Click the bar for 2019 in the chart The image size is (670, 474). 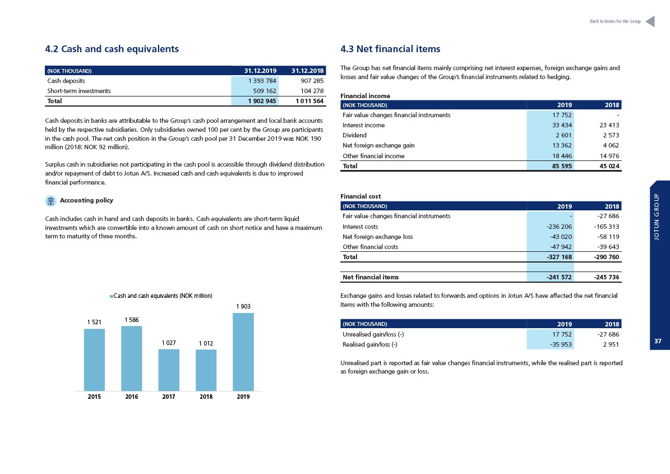pos(243,352)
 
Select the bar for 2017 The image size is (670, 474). pos(169,370)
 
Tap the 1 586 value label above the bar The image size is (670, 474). pos(132,320)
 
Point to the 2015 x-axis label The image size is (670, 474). pos(94,397)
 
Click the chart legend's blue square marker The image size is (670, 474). pos(112,296)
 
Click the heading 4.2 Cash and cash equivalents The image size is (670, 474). pos(112,49)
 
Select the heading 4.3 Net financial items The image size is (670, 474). pos(390,49)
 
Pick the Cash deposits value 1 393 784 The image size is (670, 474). pos(262,81)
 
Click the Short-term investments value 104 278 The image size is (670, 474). pos(312,91)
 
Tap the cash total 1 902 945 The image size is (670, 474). pos(262,101)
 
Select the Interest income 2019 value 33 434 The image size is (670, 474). pos(562,125)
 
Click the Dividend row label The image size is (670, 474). pos(354,135)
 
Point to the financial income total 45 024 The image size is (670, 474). pos(609,166)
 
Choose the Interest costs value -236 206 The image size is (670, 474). pos(560,227)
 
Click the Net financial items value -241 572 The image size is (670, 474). pos(560,277)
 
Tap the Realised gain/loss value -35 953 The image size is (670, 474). pos(561,344)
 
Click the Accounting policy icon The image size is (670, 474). pos(50,201)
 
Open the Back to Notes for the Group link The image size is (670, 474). pos(615,21)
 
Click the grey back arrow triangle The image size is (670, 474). pos(650,21)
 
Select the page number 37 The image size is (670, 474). pos(658,341)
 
